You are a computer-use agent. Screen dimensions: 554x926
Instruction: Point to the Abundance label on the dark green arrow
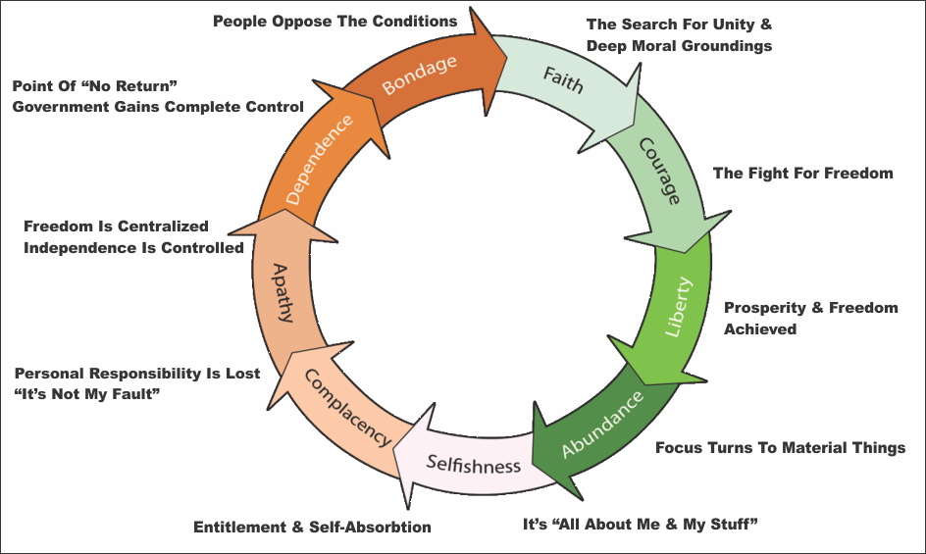click(603, 424)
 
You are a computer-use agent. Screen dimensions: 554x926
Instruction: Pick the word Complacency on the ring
click(347, 408)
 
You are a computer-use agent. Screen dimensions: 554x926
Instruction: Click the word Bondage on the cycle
click(419, 75)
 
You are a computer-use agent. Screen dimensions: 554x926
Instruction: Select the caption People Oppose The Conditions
click(334, 21)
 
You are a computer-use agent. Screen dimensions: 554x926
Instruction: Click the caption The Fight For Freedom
click(802, 174)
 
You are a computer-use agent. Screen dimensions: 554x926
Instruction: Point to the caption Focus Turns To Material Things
click(780, 448)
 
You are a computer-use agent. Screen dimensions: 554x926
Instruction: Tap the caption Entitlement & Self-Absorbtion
click(312, 527)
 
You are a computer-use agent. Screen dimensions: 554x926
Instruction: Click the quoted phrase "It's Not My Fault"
click(87, 393)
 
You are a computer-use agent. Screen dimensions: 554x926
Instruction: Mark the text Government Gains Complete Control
click(157, 106)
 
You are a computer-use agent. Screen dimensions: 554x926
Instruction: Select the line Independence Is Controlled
click(133, 248)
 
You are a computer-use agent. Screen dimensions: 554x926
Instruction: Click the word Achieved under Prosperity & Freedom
click(759, 329)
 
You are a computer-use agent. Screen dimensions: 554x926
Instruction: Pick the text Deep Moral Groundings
click(679, 46)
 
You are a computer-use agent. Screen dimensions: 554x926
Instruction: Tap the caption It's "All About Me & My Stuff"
click(640, 523)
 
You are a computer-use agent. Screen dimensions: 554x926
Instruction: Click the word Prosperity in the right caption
click(763, 308)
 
